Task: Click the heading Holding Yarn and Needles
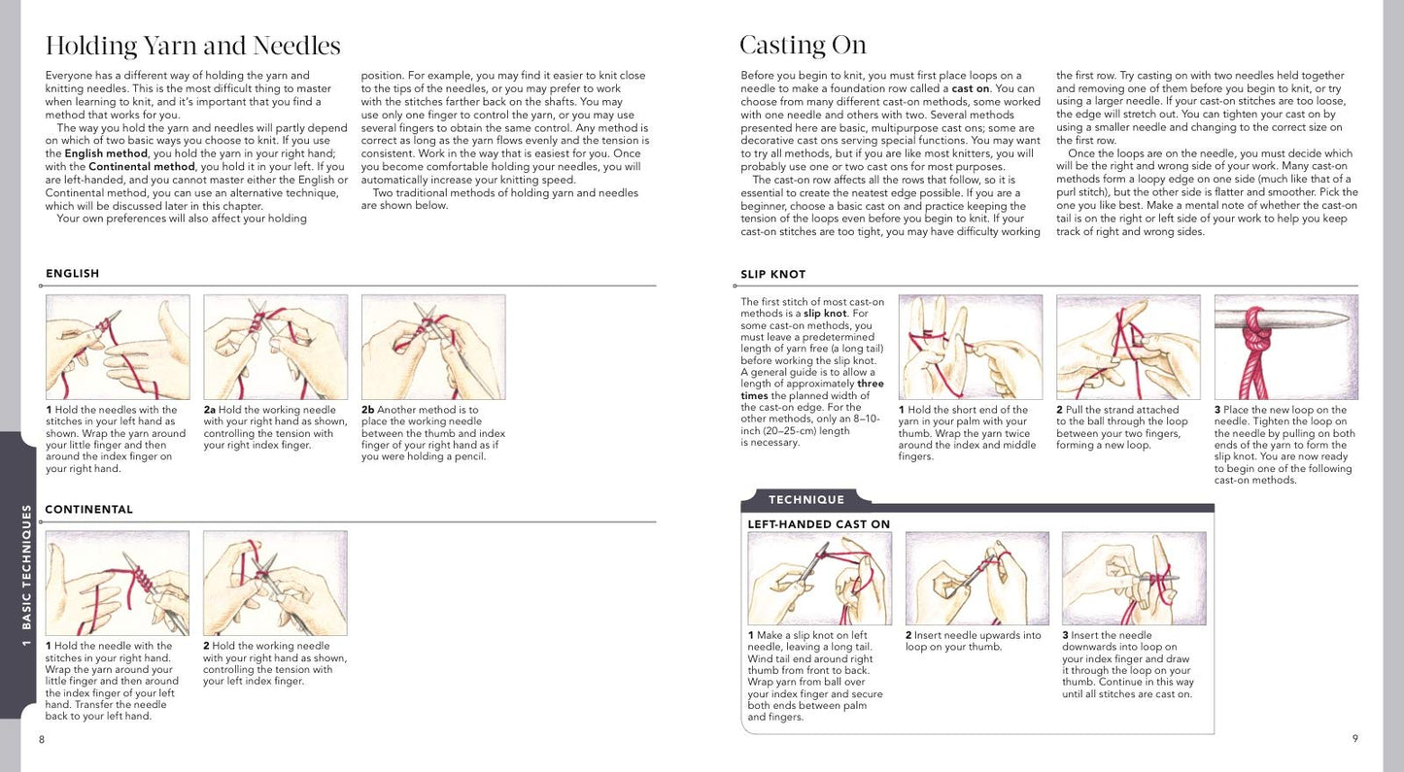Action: pos(193,46)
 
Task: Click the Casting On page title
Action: pos(803,46)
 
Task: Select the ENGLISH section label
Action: pos(73,274)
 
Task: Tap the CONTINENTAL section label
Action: pos(89,510)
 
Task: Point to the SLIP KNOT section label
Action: pos(773,275)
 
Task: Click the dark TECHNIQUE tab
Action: pos(806,500)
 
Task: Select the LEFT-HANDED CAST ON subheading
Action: pos(818,524)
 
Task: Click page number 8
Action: pos(42,739)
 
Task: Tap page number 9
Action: pos(1354,739)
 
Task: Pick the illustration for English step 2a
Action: pos(275,347)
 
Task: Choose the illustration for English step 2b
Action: pos(433,347)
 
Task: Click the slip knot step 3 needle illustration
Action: pos(1285,347)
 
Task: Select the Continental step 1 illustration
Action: pos(118,583)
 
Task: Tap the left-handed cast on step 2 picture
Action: pos(976,578)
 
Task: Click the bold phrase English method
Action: pos(106,153)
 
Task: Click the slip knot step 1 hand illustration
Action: pos(970,347)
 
